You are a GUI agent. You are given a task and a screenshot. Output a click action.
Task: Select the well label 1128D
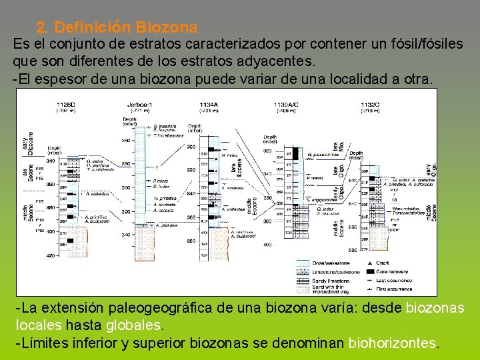[65, 105]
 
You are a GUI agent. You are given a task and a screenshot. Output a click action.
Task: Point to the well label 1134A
[208, 105]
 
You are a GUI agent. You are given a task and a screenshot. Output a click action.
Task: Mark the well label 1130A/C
[287, 105]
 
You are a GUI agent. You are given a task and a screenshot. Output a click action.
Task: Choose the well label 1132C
[370, 105]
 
